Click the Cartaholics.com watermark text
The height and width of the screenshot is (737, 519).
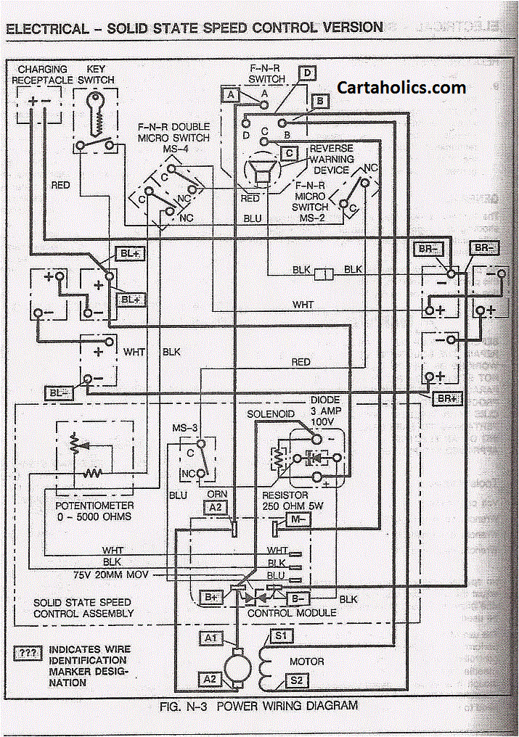(x=401, y=88)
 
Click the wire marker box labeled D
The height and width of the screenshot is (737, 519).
(x=307, y=73)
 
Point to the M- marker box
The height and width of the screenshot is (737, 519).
(x=298, y=519)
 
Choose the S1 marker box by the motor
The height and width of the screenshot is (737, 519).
(x=279, y=637)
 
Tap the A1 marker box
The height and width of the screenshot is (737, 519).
(x=211, y=638)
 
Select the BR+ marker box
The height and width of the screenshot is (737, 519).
(x=445, y=399)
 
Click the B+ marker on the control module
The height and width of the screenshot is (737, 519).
(x=211, y=597)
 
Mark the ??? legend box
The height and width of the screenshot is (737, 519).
(x=28, y=653)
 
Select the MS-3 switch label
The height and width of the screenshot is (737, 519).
(x=185, y=428)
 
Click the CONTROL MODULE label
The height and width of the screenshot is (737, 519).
(x=292, y=613)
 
